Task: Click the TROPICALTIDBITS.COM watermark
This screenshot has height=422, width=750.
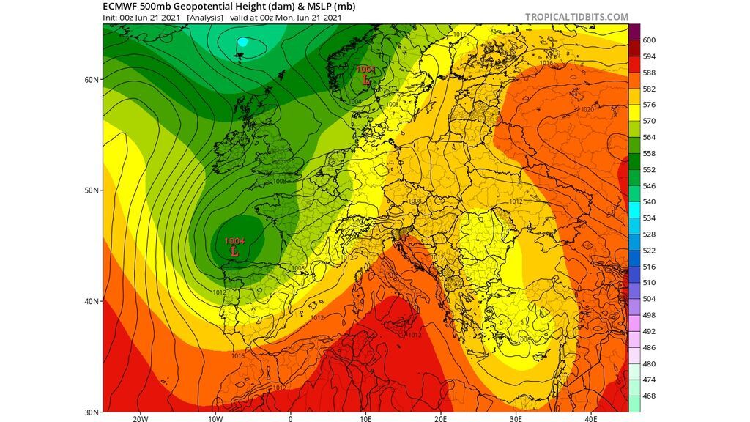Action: click(x=576, y=17)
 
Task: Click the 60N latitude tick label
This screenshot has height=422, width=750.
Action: click(x=91, y=79)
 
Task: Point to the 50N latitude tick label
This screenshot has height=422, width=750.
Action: click(x=91, y=190)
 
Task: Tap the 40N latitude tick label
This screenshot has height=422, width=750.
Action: click(x=91, y=301)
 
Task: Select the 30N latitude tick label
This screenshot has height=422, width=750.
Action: click(x=91, y=412)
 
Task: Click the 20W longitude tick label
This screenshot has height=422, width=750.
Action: click(x=141, y=420)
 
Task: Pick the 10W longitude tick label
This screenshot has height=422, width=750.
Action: click(x=215, y=420)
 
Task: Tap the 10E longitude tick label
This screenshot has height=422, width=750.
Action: click(x=366, y=420)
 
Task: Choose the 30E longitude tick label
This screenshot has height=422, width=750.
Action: click(x=516, y=420)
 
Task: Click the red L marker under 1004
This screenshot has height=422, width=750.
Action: click(x=234, y=251)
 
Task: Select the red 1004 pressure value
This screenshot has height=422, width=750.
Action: click(x=234, y=241)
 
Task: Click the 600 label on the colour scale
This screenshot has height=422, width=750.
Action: click(x=649, y=40)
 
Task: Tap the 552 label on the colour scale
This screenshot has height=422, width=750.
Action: click(x=649, y=169)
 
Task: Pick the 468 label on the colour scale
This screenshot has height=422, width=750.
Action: click(x=649, y=396)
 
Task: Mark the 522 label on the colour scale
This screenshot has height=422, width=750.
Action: click(x=649, y=251)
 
